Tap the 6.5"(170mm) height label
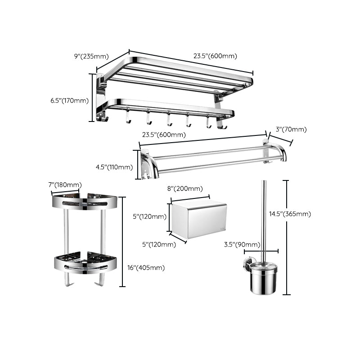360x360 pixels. pyautogui.click(x=69, y=100)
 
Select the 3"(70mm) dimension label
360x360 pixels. pyautogui.click(x=291, y=130)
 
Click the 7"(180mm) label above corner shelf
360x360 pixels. pyautogui.click(x=65, y=185)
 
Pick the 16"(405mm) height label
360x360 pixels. pyautogui.click(x=146, y=268)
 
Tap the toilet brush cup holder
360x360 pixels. pyautogui.click(x=263, y=279)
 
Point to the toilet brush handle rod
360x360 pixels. pyautogui.click(x=262, y=220)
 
